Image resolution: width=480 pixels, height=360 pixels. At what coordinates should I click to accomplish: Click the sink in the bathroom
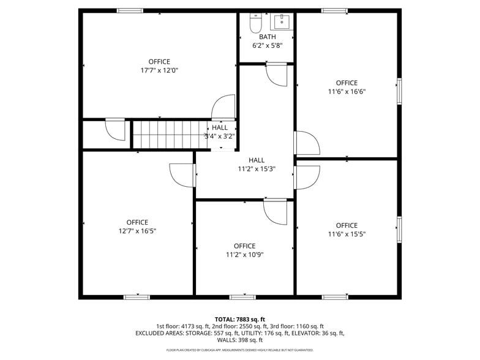coord(281,23)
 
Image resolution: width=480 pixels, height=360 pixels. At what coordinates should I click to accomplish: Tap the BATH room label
coord(267,37)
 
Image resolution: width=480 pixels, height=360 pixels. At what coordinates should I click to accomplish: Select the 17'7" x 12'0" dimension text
coord(159,70)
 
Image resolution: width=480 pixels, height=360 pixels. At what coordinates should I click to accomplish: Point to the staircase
coord(169,134)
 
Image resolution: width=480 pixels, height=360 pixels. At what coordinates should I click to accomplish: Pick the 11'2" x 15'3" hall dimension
coord(257,169)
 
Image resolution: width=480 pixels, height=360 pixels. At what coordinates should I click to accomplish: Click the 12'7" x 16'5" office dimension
coord(137,231)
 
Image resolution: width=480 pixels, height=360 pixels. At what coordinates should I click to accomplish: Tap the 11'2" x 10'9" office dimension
coord(244,255)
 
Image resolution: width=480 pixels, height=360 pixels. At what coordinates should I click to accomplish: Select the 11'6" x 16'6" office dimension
coord(347,92)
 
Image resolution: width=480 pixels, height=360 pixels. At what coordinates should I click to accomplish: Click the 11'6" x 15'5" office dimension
coord(347,234)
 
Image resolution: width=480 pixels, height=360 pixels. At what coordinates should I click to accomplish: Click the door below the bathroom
coord(276,75)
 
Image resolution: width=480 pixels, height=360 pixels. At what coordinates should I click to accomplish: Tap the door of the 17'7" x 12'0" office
coord(224,107)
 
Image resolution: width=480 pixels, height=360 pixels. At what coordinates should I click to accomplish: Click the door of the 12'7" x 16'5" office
coord(182,175)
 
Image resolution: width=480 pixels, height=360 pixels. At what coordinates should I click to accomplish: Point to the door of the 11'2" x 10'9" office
coord(275,211)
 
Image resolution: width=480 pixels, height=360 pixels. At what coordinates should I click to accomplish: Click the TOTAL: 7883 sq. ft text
coord(240,319)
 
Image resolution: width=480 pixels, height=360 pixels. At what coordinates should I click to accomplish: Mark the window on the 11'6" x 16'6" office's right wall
coord(399,91)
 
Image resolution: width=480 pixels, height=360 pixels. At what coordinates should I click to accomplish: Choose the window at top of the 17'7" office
coord(130,10)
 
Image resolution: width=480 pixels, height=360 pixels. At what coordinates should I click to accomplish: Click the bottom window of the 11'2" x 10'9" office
coord(243,297)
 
